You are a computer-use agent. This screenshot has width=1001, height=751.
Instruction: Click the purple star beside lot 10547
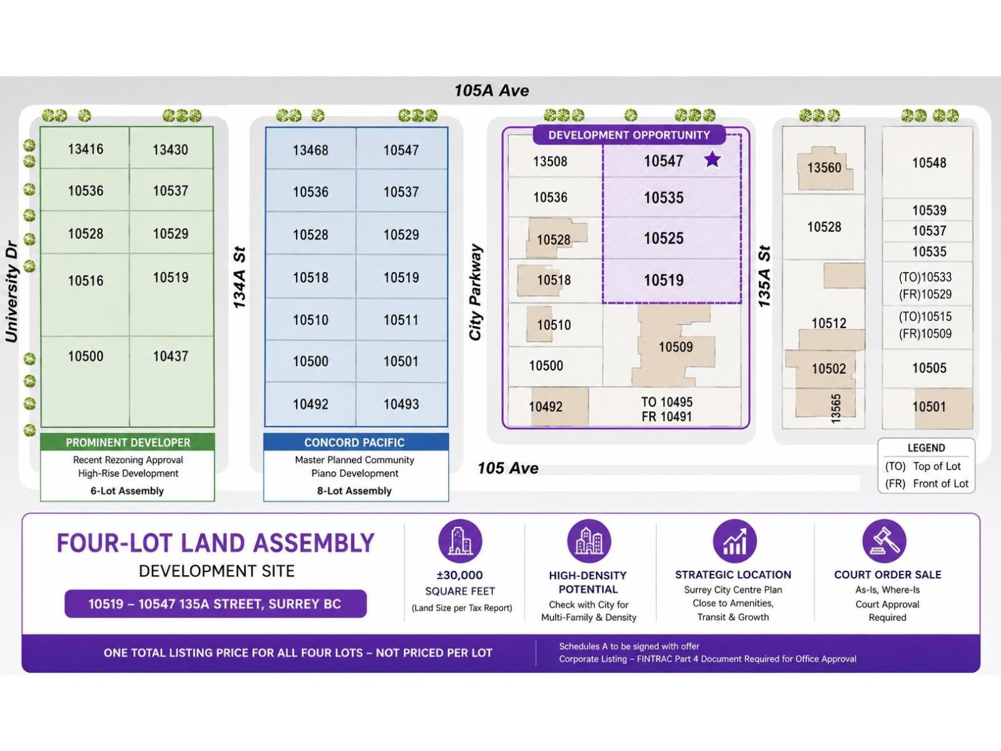[712, 160]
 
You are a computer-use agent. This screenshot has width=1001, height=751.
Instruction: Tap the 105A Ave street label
[492, 90]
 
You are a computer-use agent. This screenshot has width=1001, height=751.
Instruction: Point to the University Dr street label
[11, 292]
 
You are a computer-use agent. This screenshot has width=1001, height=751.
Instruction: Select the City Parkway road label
[475, 292]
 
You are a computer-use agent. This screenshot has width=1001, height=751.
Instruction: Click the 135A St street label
[764, 277]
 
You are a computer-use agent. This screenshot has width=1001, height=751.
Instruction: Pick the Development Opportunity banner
[629, 135]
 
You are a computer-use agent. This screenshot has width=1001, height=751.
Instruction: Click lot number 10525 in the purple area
[664, 238]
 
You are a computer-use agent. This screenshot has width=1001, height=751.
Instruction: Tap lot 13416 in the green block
[85, 149]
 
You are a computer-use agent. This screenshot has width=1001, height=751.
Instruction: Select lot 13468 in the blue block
[310, 150]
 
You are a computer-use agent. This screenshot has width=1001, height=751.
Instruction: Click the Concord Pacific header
[355, 442]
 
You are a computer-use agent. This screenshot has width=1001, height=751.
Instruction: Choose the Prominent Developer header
[128, 442]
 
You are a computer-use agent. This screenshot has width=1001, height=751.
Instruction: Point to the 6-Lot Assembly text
[127, 491]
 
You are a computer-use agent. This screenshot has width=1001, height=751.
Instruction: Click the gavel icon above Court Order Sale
[884, 541]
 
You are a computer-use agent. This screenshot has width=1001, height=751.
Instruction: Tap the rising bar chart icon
[734, 541]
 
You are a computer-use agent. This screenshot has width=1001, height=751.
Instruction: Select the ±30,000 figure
[459, 575]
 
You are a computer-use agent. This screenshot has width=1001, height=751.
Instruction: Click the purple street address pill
[215, 604]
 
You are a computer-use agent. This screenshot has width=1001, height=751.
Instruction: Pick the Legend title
[926, 447]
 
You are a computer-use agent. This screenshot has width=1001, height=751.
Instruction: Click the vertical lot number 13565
[835, 409]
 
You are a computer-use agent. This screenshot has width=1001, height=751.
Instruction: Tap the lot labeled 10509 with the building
[676, 347]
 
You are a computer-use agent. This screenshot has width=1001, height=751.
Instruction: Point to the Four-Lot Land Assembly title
[215, 543]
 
